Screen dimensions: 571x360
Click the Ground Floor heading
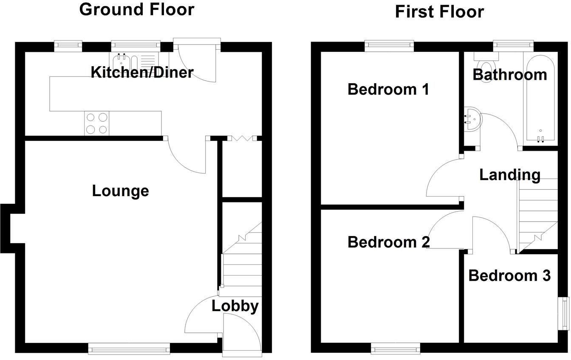(x=137, y=10)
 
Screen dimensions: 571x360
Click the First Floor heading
(x=439, y=12)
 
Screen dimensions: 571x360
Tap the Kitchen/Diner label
(x=142, y=72)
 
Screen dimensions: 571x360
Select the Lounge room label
(x=120, y=191)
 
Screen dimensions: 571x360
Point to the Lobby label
(x=235, y=306)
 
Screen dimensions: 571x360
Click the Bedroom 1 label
(x=388, y=90)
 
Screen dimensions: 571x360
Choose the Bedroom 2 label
(x=389, y=242)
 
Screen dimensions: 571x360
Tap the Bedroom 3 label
(x=509, y=276)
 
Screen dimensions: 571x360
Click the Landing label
(x=510, y=175)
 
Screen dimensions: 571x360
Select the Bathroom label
(x=510, y=75)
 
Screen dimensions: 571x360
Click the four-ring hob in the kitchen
(x=97, y=124)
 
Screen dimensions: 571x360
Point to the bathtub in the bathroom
(x=540, y=99)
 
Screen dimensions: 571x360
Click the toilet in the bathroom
(x=486, y=65)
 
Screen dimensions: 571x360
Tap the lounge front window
(x=129, y=349)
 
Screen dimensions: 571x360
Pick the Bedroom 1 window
(x=389, y=46)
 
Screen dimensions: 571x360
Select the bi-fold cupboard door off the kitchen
(x=242, y=138)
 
